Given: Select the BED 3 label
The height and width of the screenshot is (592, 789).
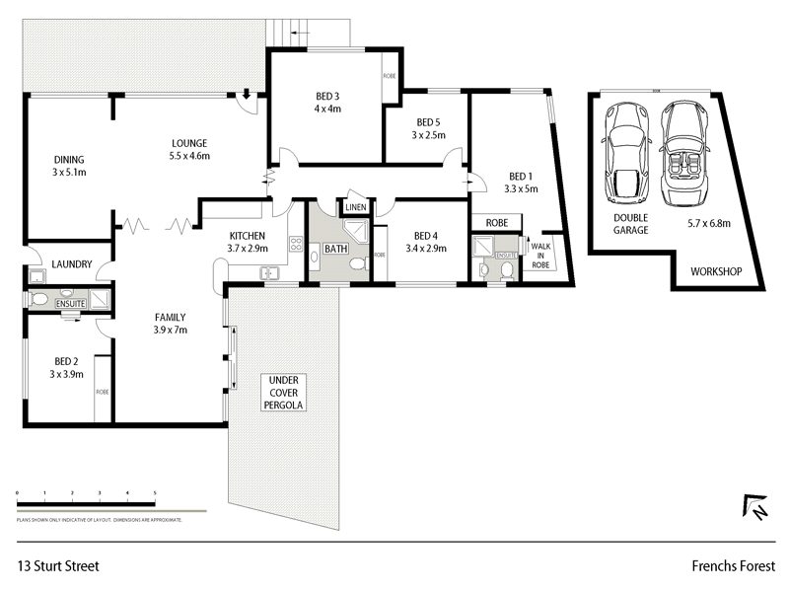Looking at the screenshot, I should [x=328, y=96].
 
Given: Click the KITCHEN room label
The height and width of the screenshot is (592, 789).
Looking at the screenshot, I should [x=248, y=236].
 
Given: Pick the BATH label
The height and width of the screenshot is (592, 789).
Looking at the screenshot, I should [x=336, y=249].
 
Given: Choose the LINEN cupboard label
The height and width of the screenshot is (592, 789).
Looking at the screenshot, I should [x=355, y=206].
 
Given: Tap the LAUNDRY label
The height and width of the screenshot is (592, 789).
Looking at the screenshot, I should [x=73, y=264].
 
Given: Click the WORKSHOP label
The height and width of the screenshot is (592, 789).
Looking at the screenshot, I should [x=715, y=271].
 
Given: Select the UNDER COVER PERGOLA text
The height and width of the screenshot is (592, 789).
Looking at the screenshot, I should [x=284, y=393].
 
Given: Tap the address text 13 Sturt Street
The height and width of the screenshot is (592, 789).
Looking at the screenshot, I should [x=58, y=566].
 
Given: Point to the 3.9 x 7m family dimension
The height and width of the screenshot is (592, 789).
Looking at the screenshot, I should [x=171, y=330].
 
